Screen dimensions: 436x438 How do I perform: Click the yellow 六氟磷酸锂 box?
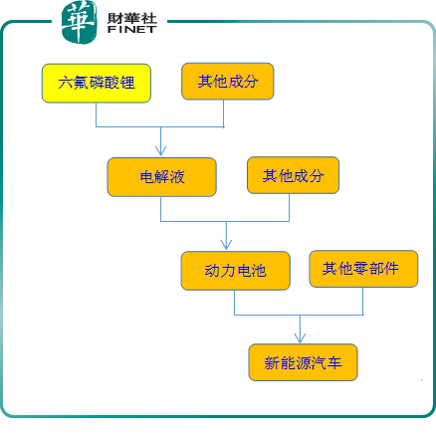pyautogui.click(x=97, y=84)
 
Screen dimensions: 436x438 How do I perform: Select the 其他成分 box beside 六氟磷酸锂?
pyautogui.click(x=228, y=82)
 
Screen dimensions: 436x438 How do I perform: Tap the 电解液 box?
pyautogui.click(x=162, y=177)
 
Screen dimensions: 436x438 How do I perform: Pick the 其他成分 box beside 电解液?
pyautogui.click(x=293, y=175)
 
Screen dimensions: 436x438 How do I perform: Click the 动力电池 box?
pyautogui.click(x=236, y=271)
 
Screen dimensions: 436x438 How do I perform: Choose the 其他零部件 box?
pyautogui.click(x=363, y=269)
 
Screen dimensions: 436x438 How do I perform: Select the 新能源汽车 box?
pyautogui.click(x=303, y=362)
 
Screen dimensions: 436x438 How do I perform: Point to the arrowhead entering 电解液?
pyautogui.click(x=161, y=151)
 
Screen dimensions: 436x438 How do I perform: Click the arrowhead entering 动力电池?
pyautogui.click(x=226, y=245)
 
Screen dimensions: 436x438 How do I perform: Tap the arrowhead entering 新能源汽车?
pyautogui.click(x=300, y=338)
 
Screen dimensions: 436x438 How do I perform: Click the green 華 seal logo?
pyautogui.click(x=79, y=22)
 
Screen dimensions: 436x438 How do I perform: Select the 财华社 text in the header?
pyautogui.click(x=132, y=18)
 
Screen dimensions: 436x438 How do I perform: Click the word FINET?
pyautogui.click(x=132, y=29)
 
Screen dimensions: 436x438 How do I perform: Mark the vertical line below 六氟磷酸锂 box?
pyautogui.click(x=97, y=114)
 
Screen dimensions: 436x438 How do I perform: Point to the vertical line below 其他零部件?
pyautogui.click(x=362, y=301)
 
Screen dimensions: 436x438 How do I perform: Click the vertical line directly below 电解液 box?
pyautogui.click(x=161, y=209)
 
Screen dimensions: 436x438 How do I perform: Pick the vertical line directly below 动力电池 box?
pyautogui.click(x=235, y=303)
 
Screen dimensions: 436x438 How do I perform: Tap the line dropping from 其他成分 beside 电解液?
pyautogui.click(x=289, y=207)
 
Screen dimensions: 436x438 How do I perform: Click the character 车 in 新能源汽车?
pyautogui.click(x=334, y=362)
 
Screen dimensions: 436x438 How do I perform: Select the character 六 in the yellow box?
pyautogui.click(x=66, y=83)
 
